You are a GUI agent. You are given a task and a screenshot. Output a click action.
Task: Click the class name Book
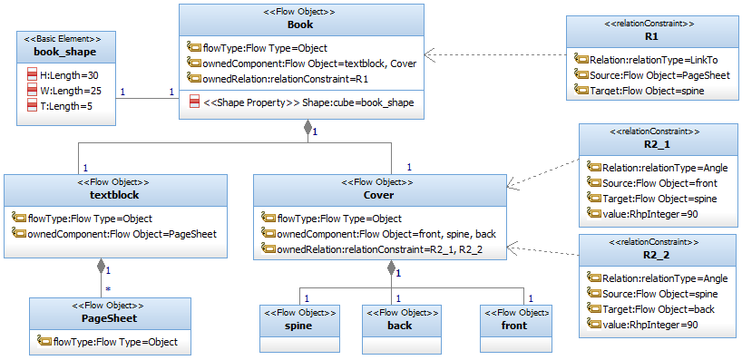click(300, 24)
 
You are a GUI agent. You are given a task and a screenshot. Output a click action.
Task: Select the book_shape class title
click(65, 52)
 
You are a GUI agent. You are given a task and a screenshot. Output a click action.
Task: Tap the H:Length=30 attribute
click(69, 74)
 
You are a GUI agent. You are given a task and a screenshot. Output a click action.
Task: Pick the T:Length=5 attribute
click(66, 106)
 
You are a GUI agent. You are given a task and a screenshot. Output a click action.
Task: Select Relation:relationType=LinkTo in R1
click(654, 60)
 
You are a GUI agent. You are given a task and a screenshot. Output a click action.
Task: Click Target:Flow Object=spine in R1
click(647, 90)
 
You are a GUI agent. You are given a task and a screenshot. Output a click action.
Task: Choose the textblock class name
click(115, 194)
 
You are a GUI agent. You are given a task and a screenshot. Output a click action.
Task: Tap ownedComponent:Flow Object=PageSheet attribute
click(122, 234)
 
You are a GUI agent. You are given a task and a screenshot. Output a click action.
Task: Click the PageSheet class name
click(110, 318)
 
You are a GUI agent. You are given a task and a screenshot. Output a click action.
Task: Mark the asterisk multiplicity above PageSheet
click(108, 287)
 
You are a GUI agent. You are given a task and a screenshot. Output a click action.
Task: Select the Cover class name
click(379, 194)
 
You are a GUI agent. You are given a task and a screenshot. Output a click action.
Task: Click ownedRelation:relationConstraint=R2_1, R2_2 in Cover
click(380, 248)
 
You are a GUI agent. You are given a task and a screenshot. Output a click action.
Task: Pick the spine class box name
click(299, 326)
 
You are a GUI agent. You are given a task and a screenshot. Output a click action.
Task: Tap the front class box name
click(515, 326)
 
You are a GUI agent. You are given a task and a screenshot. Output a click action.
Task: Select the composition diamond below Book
click(308, 128)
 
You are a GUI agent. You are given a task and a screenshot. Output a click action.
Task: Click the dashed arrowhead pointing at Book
click(430, 55)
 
